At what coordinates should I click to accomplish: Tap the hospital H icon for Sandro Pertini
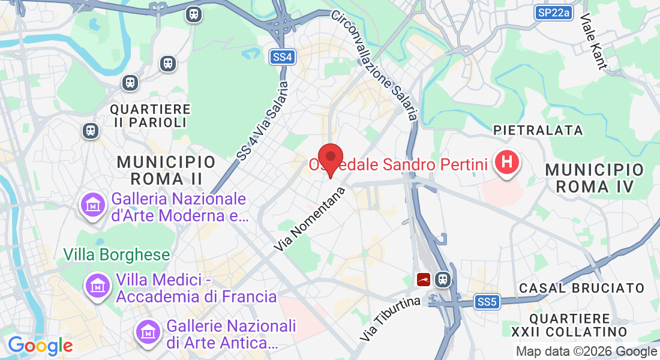point(507,162)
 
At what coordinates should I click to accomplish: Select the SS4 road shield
point(282,57)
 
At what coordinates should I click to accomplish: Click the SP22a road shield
point(553,12)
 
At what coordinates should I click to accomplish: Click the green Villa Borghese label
point(117,254)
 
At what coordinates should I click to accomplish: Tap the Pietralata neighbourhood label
point(538,130)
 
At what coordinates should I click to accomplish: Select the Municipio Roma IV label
point(594,178)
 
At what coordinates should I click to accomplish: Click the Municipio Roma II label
point(166,170)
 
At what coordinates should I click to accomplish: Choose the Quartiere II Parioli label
point(150,116)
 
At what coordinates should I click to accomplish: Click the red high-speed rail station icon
point(424,280)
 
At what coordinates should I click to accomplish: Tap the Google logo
point(40,346)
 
